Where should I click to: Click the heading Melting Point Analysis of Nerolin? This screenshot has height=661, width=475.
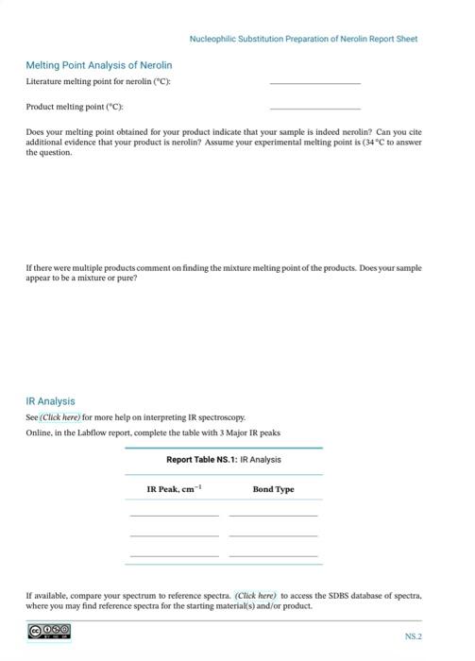(x=98, y=65)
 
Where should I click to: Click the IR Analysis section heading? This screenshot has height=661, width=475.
(x=50, y=401)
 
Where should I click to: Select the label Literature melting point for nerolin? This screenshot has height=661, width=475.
(x=97, y=82)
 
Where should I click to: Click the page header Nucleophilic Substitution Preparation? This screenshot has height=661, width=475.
(x=302, y=39)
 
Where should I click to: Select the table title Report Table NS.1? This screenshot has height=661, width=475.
(x=223, y=460)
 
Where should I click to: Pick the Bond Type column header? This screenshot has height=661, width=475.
(x=273, y=489)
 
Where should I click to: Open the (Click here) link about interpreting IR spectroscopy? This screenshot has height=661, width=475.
(x=60, y=416)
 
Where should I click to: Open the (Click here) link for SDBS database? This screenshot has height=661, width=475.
(x=255, y=596)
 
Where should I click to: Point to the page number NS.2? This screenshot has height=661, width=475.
(x=413, y=636)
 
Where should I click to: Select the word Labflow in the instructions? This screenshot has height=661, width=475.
(x=106, y=432)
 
